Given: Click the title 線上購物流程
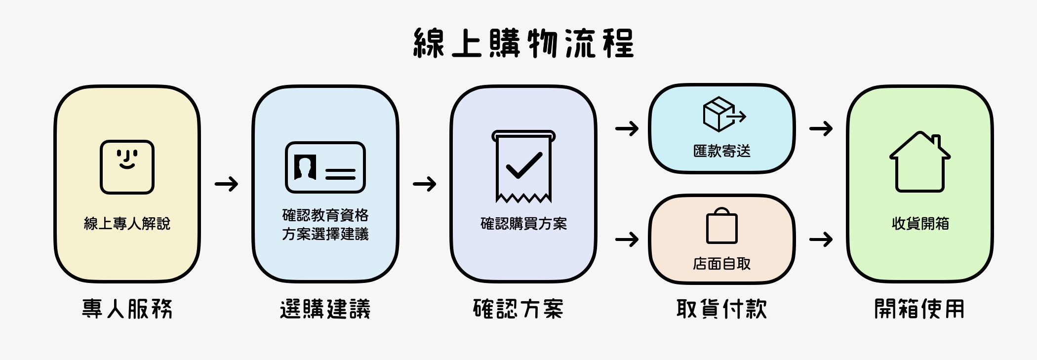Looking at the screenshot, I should [523, 43].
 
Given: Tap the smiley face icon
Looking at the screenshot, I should [127, 167].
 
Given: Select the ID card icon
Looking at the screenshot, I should [325, 167].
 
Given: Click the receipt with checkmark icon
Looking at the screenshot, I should [523, 166].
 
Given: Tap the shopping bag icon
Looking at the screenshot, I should [721, 226].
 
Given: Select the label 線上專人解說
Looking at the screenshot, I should [127, 224].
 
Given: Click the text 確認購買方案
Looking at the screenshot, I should [523, 224].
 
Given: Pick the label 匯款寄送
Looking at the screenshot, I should [721, 151].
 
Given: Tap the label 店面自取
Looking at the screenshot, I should [721, 264].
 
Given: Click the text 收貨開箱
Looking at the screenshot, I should [920, 224].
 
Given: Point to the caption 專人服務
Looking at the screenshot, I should [127, 309].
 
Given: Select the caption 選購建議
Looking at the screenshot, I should [325, 309].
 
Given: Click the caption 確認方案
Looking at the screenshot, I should [518, 309].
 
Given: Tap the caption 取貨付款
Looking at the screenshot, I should [721, 309].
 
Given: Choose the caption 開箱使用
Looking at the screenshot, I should [919, 309].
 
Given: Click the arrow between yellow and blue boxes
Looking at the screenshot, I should [226, 184].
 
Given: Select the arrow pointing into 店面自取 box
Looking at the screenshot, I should [627, 240].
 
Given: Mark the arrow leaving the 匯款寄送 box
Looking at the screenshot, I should [821, 129].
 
